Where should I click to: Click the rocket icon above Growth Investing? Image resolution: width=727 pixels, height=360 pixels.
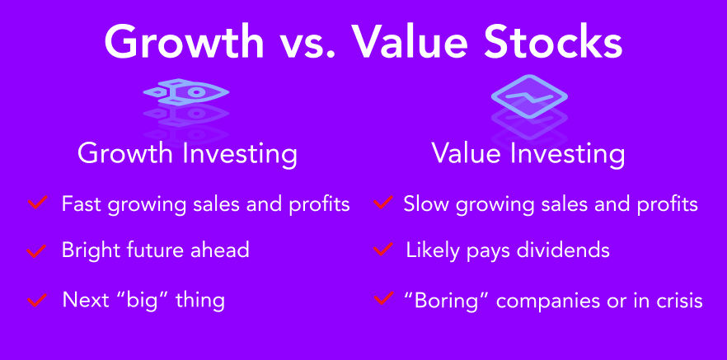pyautogui.click(x=186, y=91)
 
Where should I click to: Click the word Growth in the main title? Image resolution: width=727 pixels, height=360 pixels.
pyautogui.click(x=184, y=43)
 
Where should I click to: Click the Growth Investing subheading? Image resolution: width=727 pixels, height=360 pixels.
pyautogui.click(x=187, y=153)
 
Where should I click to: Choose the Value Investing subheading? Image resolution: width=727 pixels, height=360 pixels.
pyautogui.click(x=528, y=152)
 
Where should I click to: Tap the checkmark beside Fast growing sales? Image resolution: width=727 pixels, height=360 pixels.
pyautogui.click(x=38, y=203)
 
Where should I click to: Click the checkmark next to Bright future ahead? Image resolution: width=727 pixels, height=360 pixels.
pyautogui.click(x=36, y=250)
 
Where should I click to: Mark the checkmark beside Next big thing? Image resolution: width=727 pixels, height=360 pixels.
pyautogui.click(x=38, y=299)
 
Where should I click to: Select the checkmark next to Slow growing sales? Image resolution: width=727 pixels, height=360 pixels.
pyautogui.click(x=383, y=202)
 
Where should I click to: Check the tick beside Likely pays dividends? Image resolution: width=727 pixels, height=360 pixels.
pyautogui.click(x=383, y=250)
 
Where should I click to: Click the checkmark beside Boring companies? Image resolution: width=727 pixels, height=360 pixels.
pyautogui.click(x=384, y=298)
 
